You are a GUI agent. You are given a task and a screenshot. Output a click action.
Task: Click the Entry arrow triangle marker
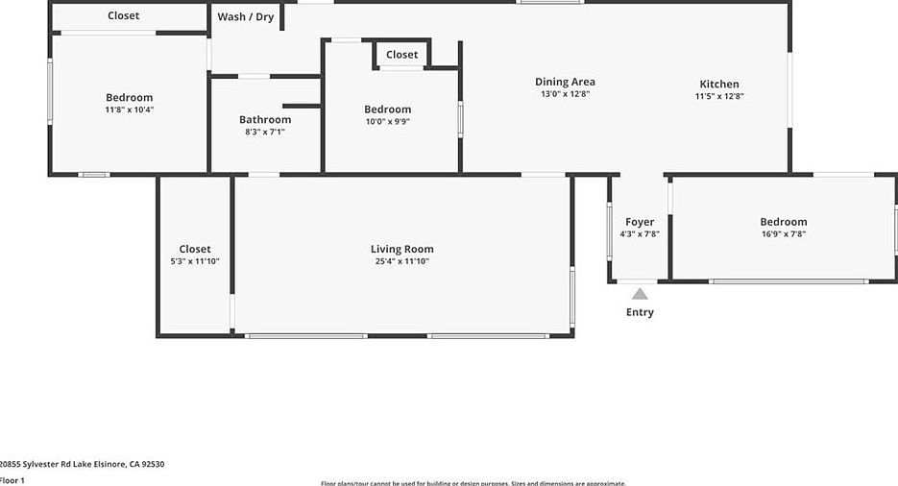[640, 294]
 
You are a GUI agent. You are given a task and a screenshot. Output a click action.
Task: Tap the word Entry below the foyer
[640, 312]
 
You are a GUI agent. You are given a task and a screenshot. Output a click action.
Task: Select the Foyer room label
[640, 222]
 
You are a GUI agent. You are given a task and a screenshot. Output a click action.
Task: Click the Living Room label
[401, 249]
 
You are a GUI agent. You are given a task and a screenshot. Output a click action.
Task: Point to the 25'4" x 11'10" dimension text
[401, 260]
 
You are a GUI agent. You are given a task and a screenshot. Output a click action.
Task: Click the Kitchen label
[719, 84]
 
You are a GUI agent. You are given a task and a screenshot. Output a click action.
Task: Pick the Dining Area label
[565, 82]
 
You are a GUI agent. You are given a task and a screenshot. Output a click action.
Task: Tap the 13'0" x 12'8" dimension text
[565, 94]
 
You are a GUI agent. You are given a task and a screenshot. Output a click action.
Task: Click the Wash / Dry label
[245, 16]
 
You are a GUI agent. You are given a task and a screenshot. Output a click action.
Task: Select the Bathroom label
[265, 119]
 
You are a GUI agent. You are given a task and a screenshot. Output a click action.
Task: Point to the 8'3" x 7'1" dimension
[265, 132]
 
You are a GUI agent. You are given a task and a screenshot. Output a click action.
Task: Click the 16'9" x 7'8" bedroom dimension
[783, 233]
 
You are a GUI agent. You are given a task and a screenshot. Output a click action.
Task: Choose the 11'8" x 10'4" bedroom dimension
[129, 109]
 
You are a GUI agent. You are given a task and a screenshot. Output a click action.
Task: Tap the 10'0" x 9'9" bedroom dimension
[387, 121]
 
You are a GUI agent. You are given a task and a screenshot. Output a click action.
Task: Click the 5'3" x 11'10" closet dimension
[194, 260]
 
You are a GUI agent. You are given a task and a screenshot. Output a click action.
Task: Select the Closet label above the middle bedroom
[402, 55]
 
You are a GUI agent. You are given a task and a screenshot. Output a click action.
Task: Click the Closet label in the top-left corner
[123, 15]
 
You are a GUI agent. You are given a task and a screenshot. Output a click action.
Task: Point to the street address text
[83, 464]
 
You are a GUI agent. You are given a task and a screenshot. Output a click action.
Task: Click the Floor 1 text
[12, 479]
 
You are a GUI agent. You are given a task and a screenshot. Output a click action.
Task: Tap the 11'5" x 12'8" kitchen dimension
[719, 96]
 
